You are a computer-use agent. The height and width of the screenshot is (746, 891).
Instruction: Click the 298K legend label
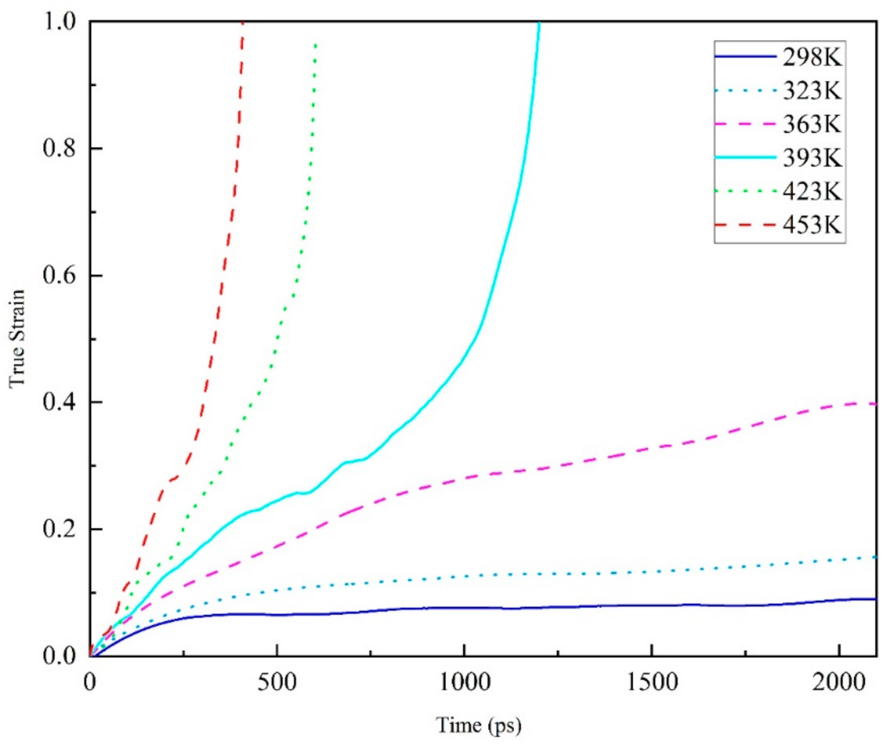tap(812, 57)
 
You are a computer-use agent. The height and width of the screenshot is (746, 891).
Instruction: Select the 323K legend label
tap(812, 91)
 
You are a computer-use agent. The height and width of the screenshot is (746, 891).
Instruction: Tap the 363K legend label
tap(812, 124)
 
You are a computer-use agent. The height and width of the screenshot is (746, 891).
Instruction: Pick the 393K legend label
tap(812, 158)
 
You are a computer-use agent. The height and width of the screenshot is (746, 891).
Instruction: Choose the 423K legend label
tap(812, 191)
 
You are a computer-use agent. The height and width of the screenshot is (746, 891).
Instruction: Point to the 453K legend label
tap(812, 224)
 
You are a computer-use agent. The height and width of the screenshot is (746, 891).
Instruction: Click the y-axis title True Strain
tap(17, 338)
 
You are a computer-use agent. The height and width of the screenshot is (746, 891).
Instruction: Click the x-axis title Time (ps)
tap(479, 725)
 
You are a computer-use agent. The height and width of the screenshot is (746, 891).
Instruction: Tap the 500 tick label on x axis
tap(277, 682)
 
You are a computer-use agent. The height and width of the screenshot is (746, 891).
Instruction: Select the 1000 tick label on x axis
tap(465, 682)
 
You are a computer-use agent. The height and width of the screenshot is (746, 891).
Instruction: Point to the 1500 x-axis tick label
tap(652, 682)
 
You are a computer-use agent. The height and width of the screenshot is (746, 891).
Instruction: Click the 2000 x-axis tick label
tap(839, 682)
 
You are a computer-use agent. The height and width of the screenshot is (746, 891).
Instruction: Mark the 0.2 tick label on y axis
tap(59, 529)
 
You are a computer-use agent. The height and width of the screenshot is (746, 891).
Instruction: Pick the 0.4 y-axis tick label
tap(59, 402)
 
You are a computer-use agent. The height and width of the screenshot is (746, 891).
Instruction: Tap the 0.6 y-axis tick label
tap(59, 275)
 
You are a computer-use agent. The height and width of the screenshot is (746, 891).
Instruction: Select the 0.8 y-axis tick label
tap(59, 148)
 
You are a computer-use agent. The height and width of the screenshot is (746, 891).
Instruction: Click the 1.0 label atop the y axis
tap(59, 22)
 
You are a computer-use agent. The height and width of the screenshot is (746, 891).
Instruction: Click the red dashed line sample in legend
tap(745, 224)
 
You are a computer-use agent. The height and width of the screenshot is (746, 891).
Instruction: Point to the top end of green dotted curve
tap(316, 44)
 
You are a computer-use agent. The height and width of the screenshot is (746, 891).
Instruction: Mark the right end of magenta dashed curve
tap(875, 404)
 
